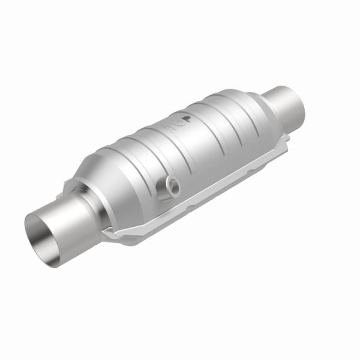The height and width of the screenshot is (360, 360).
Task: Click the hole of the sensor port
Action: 172,184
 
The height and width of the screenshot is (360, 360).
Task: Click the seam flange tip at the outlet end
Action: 287,139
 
